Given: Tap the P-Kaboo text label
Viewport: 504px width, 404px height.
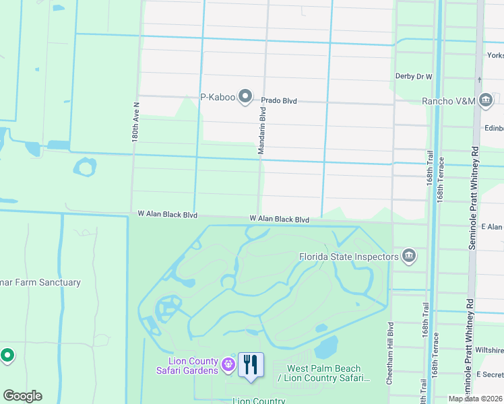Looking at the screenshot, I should click(218, 98).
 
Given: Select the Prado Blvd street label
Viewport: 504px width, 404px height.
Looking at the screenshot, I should click(279, 100).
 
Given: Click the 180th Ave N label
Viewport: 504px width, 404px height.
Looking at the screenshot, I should click(135, 122).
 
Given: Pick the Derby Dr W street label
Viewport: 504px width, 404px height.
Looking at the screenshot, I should click(413, 77).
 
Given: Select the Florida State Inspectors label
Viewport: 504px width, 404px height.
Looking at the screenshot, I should click(349, 256).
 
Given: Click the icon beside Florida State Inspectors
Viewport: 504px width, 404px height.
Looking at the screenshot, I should click(409, 256).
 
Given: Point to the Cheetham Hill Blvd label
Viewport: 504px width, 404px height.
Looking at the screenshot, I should click(390, 353).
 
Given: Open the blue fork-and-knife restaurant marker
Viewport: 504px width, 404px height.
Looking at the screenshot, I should click(251, 366).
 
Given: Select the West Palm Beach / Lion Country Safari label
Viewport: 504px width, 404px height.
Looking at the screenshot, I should click(324, 373).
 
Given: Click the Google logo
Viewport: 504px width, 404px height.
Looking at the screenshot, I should click(22, 396).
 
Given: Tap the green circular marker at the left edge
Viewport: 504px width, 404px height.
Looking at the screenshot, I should click(7, 354).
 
